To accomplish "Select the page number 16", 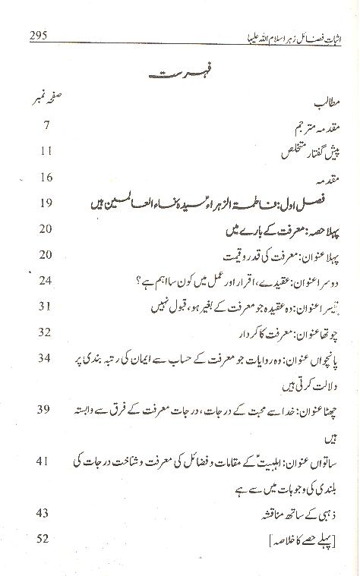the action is click(46, 178).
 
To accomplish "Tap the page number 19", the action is click(46, 203).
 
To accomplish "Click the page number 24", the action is click(46, 281).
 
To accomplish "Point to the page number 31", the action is click(46, 306).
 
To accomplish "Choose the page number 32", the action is click(46, 332).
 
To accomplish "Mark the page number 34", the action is click(46, 357).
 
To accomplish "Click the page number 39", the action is click(46, 410).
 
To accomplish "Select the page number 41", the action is click(46, 461).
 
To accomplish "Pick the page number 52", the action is click(46, 539).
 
